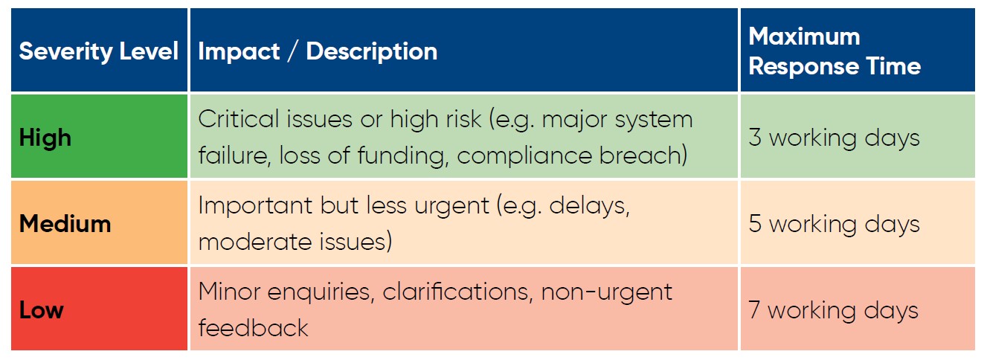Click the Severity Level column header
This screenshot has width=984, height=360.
pyautogui.click(x=99, y=50)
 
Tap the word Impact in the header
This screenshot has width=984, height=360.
pyautogui.click(x=239, y=51)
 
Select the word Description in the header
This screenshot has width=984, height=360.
pyautogui.click(x=372, y=52)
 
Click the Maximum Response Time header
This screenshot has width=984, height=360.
pyautogui.click(x=858, y=50)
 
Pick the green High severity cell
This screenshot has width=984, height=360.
pyautogui.click(x=99, y=136)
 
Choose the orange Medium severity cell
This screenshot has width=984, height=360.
pyautogui.click(x=99, y=222)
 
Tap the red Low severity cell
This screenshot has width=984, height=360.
pyautogui.click(x=99, y=309)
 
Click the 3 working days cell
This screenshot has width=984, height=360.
pyautogui.click(x=858, y=136)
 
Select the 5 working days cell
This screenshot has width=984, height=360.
pyautogui.click(x=858, y=222)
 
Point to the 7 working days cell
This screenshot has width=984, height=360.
pyautogui.click(x=858, y=309)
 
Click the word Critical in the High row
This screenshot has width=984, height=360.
pyautogui.click(x=239, y=119)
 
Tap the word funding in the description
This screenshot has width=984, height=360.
pyautogui.click(x=400, y=155)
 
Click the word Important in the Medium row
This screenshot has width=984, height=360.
pyautogui.click(x=255, y=205)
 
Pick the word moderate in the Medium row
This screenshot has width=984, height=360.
pyautogui.click(x=255, y=242)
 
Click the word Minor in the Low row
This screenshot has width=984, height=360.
pyautogui.click(x=229, y=291)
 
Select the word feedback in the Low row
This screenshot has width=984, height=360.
pyautogui.click(x=253, y=328)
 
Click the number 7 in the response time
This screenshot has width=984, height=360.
pyautogui.click(x=755, y=309)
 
